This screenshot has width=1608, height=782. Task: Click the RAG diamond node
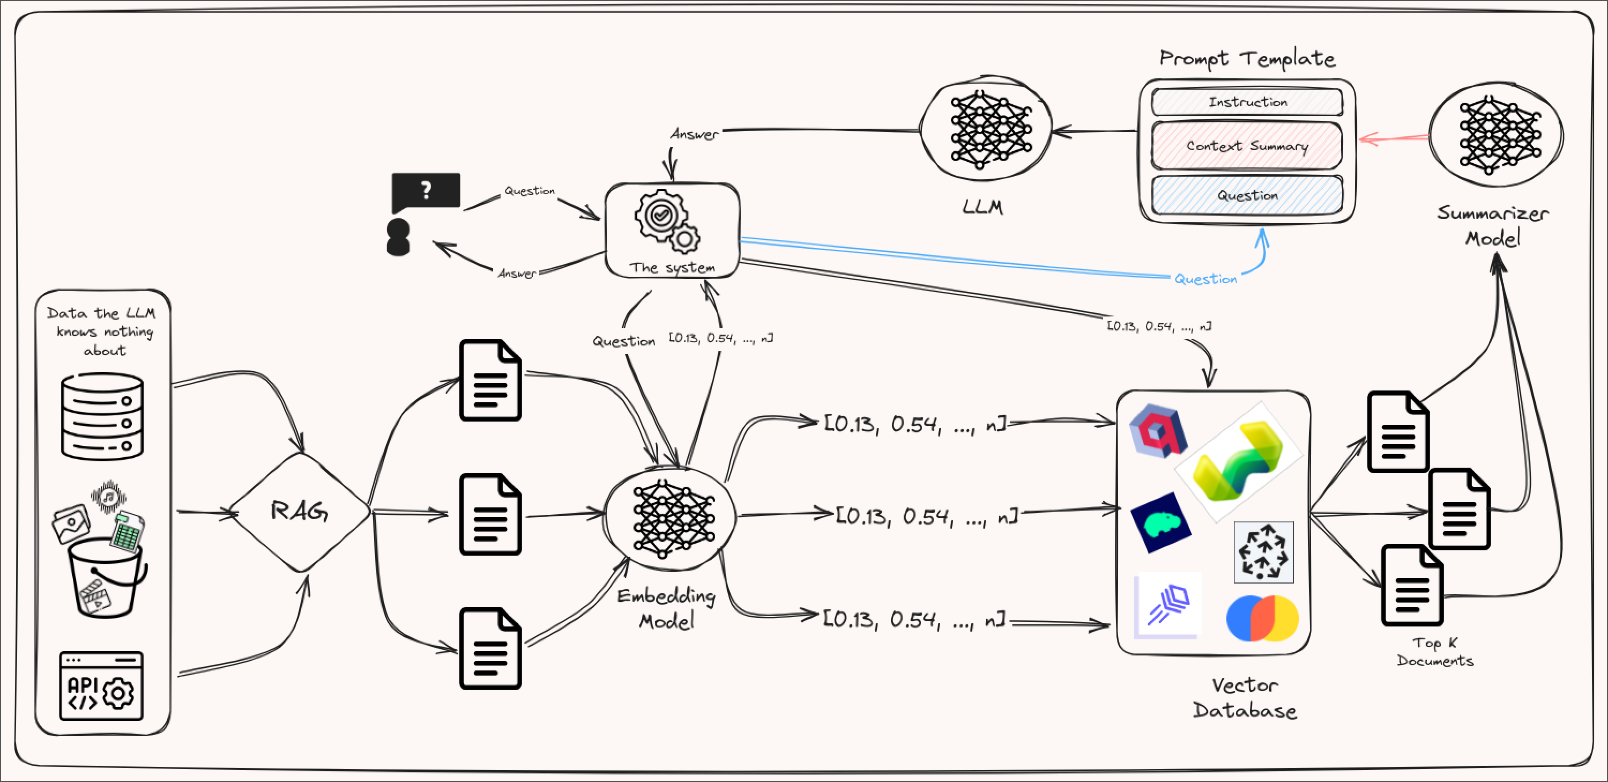pos(300,512)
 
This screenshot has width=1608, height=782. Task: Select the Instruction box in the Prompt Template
pos(1247,102)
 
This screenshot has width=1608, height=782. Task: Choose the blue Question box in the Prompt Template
pos(1247,195)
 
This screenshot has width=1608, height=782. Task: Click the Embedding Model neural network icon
pos(671,519)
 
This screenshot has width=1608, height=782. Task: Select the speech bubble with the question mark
pos(426,191)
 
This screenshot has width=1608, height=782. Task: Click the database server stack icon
pos(102,417)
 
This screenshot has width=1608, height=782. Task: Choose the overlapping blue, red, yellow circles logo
pos(1262,618)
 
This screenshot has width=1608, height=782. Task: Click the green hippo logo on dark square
pos(1160,522)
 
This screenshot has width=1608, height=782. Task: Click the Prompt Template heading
pos(1247,58)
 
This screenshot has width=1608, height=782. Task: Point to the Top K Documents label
pos(1434,652)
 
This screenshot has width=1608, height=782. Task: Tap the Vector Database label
pos(1245,698)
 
